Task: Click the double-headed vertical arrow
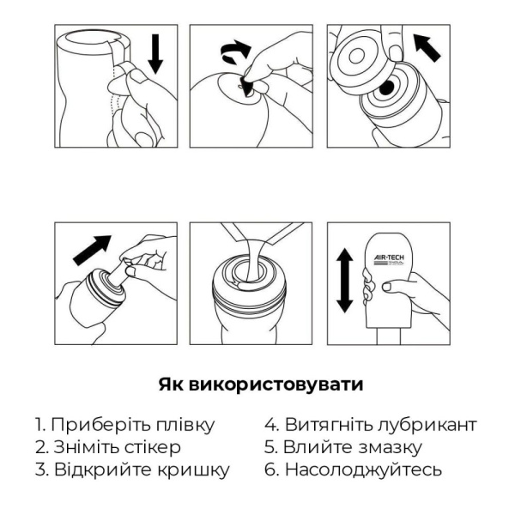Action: point(344,281)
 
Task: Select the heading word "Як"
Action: point(168,384)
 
